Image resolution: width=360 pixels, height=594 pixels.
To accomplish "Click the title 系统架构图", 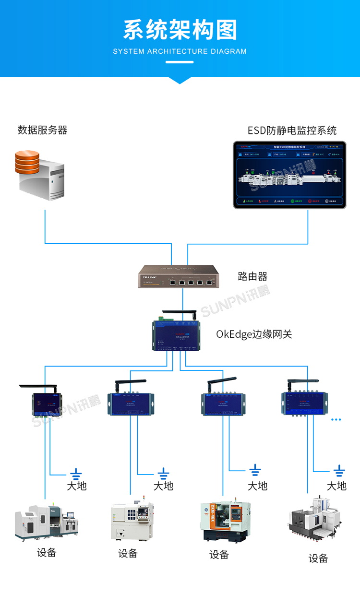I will [x=180, y=30].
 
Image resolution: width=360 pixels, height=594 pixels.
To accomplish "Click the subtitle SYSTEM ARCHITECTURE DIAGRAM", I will [x=180, y=51].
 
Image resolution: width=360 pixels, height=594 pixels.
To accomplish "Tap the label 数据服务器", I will [x=42, y=130].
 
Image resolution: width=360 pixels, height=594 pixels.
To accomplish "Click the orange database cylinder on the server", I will [x=27, y=162].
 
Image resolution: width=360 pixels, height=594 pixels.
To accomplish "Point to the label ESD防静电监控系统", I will [x=292, y=131].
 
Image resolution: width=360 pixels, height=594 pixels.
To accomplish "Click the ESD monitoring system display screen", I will [x=289, y=175].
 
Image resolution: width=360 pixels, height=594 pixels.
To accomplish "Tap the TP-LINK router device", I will [x=179, y=276].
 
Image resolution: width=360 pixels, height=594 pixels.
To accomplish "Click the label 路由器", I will [x=252, y=276].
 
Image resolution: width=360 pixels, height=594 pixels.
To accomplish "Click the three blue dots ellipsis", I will [x=336, y=419].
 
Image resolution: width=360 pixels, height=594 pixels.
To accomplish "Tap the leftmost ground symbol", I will [x=76, y=474].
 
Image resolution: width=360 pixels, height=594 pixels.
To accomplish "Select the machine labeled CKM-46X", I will [x=225, y=520].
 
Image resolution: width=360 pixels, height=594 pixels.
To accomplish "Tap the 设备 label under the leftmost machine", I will [x=47, y=553].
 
